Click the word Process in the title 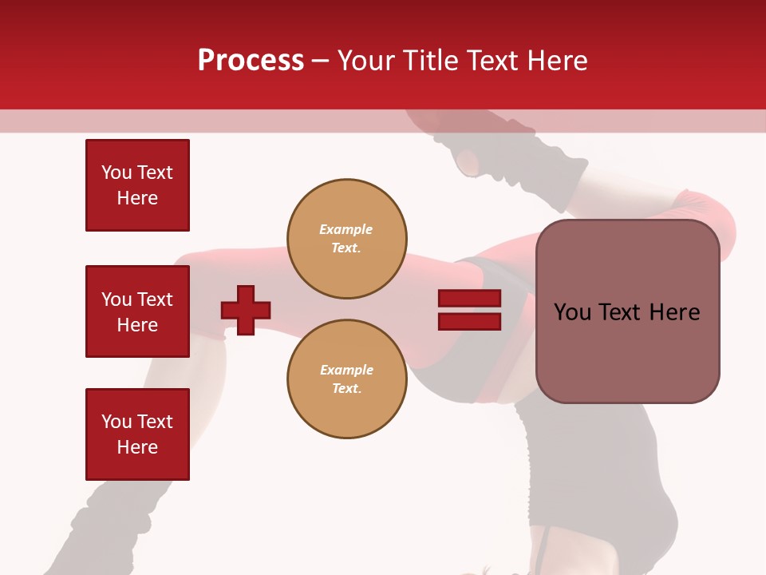coord(251,61)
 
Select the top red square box coord(137,185)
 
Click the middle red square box coord(137,311)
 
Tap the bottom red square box coord(137,434)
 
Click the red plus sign coord(246,310)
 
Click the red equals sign coord(469,310)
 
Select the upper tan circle coord(347,239)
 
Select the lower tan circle coord(347,379)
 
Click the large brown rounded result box coord(627,311)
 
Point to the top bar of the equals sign coord(469,299)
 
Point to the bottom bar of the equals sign coord(469,321)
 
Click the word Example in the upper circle coord(346,230)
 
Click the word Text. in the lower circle coord(346,389)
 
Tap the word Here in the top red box coord(137,198)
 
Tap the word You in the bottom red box coord(116,422)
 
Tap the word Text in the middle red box coord(154,299)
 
